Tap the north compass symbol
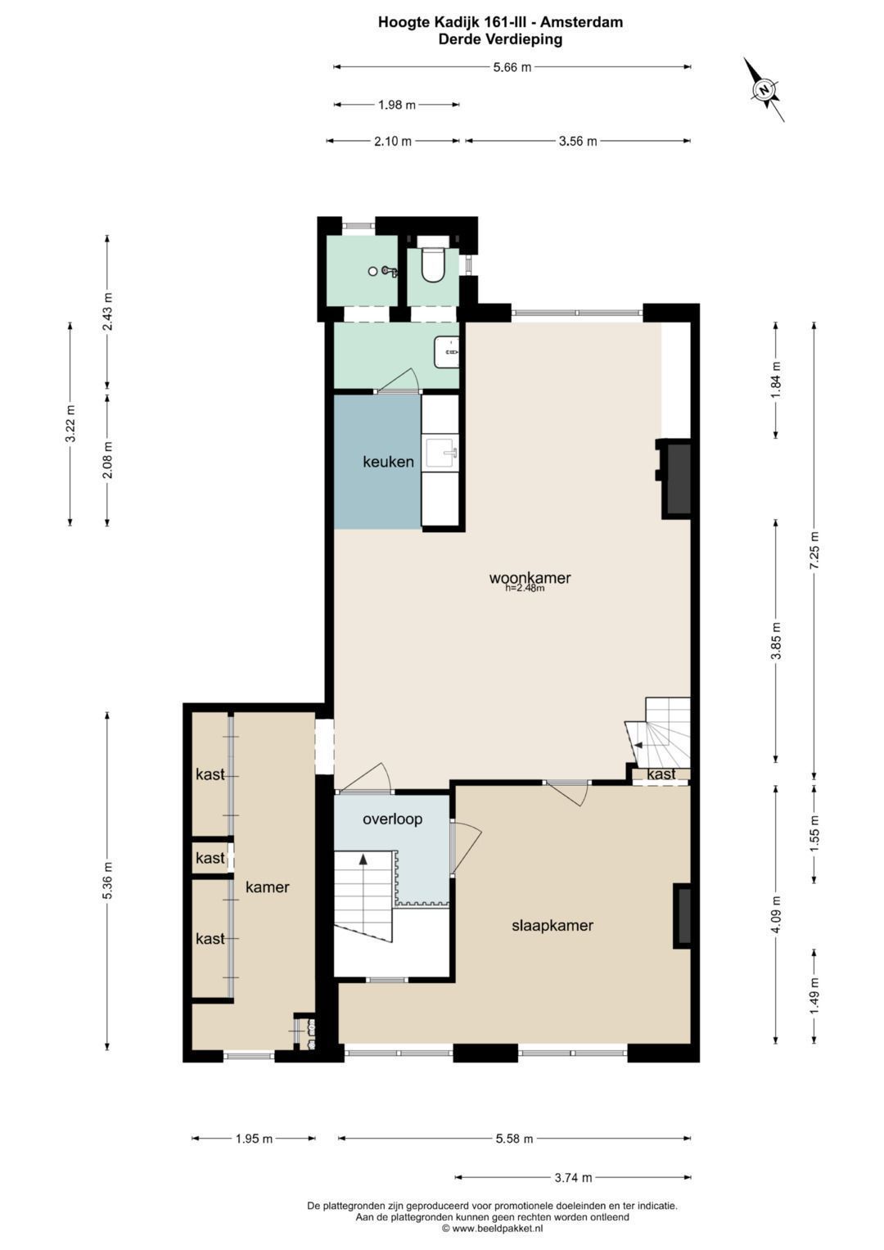point(764,89)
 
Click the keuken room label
point(389,462)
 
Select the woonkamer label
point(530,578)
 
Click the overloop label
point(392,819)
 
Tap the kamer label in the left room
point(268,887)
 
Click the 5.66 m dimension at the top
point(512,67)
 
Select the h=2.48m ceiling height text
point(524,588)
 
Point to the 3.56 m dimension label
point(578,141)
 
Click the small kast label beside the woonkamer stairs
point(661,774)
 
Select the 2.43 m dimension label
point(108,311)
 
